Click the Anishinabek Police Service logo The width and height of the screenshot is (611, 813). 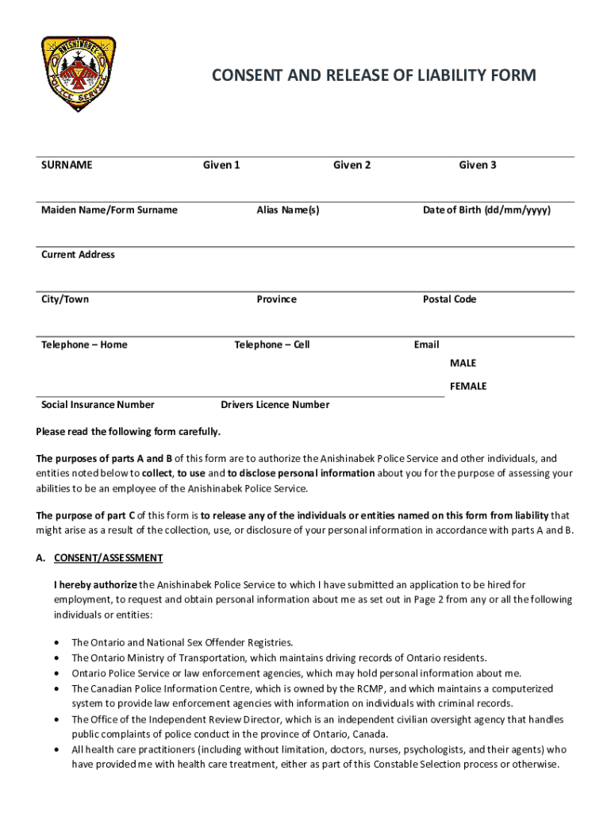click(x=78, y=74)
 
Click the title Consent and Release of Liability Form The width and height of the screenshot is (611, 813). click(x=373, y=75)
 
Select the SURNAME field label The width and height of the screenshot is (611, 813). click(x=67, y=165)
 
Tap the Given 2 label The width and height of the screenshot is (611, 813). click(x=352, y=165)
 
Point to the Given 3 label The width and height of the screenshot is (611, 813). click(x=478, y=165)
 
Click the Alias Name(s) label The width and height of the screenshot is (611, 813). click(x=288, y=210)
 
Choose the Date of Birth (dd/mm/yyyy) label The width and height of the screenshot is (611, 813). click(x=486, y=210)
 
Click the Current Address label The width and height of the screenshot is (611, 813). click(x=78, y=255)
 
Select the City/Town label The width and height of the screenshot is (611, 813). click(x=65, y=299)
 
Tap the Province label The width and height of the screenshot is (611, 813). click(x=276, y=299)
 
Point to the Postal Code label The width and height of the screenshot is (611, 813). click(x=449, y=299)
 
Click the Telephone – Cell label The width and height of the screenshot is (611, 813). click(x=272, y=345)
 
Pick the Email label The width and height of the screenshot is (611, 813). click(x=426, y=345)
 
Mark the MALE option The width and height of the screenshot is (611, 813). click(x=463, y=363)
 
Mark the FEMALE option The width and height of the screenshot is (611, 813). click(x=468, y=387)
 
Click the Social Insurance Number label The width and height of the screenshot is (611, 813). click(x=98, y=405)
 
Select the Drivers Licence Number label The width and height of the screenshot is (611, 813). click(x=275, y=405)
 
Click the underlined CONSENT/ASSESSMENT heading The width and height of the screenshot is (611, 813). click(x=108, y=558)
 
